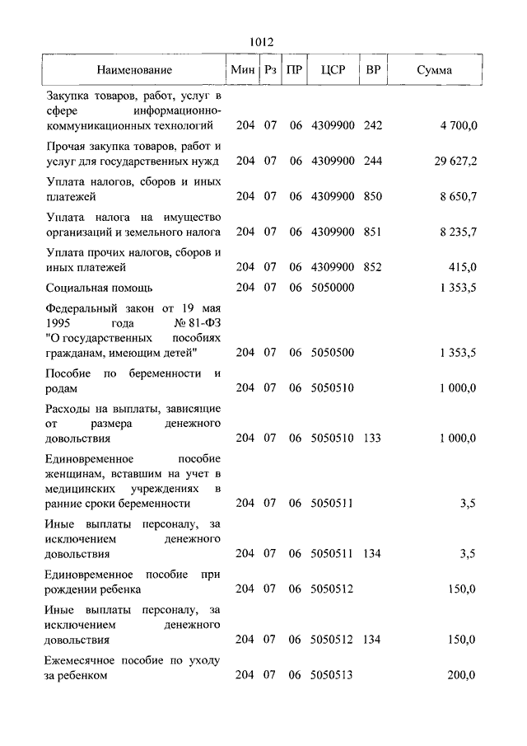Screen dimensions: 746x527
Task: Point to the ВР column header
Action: pyautogui.click(x=373, y=70)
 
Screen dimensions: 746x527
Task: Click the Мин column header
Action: pyautogui.click(x=243, y=70)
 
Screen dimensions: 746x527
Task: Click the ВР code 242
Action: pyautogui.click(x=373, y=125)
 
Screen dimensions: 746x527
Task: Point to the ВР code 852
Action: pyautogui.click(x=373, y=267)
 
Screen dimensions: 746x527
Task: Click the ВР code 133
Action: pyautogui.click(x=373, y=439)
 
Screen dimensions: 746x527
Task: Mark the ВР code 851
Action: pyautogui.click(x=373, y=232)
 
